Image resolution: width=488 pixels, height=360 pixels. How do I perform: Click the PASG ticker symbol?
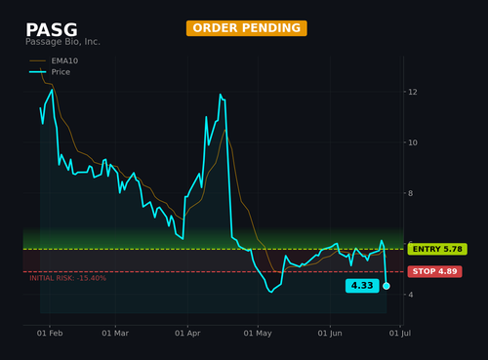pyautogui.click(x=52, y=29)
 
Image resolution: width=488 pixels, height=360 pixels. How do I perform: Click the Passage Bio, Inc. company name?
pyautogui.click(x=62, y=42)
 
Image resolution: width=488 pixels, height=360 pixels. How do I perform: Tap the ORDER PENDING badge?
pyautogui.click(x=247, y=28)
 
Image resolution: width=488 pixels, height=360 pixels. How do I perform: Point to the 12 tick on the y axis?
pyautogui.click(x=413, y=92)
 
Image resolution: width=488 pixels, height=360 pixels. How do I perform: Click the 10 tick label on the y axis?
pyautogui.click(x=413, y=142)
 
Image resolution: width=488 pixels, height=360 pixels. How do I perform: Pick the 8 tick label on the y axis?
pyautogui.click(x=410, y=193)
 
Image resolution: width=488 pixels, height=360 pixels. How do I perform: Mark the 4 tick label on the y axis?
pyautogui.click(x=410, y=295)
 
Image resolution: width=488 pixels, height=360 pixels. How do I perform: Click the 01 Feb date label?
pyautogui.click(x=50, y=333)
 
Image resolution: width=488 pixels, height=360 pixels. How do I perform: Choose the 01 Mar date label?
pyautogui.click(x=115, y=333)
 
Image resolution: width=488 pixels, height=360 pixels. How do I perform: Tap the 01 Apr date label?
pyautogui.click(x=187, y=333)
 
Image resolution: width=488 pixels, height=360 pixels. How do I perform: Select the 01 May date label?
pyautogui.click(x=258, y=333)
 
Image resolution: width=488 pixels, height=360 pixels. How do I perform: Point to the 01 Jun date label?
pyautogui.click(x=330, y=333)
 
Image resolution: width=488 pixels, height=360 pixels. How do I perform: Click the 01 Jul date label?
pyautogui.click(x=400, y=333)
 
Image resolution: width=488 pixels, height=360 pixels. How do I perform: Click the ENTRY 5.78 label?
pyautogui.click(x=437, y=249)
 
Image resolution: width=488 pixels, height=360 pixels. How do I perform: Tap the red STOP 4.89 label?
pyautogui.click(x=434, y=271)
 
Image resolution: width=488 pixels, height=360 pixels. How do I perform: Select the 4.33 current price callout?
pyautogui.click(x=362, y=286)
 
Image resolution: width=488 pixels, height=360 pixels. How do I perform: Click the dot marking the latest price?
pyautogui.click(x=386, y=286)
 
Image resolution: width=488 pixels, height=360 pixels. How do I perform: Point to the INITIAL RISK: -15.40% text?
pyautogui.click(x=67, y=278)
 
